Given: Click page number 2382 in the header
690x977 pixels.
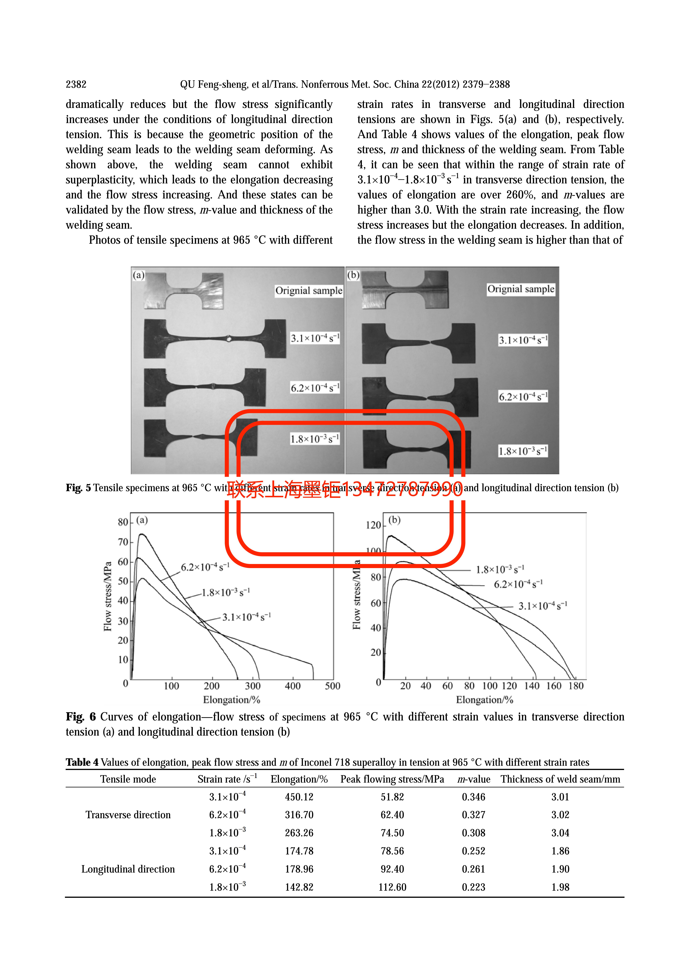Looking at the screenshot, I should [x=76, y=84].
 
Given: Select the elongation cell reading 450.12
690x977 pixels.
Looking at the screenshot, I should [x=299, y=797].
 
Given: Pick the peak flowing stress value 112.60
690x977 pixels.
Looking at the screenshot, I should [x=392, y=887].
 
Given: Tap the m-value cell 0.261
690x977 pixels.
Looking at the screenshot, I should [x=473, y=869].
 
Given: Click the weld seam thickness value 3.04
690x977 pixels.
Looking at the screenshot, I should [x=560, y=833].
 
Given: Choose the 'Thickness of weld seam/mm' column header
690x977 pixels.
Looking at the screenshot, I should [x=560, y=779].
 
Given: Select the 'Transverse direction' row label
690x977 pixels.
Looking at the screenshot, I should [x=128, y=815].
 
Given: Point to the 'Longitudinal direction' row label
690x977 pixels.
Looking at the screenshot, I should [x=128, y=869].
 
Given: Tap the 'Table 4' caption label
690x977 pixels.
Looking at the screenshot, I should [x=82, y=762].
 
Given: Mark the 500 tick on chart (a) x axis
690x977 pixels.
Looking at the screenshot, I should [x=332, y=686].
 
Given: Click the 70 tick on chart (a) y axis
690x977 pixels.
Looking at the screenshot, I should [x=123, y=542].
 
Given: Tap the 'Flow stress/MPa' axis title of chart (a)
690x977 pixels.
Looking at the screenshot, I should [x=108, y=596].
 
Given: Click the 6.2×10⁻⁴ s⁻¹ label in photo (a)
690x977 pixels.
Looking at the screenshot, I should [x=315, y=388].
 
